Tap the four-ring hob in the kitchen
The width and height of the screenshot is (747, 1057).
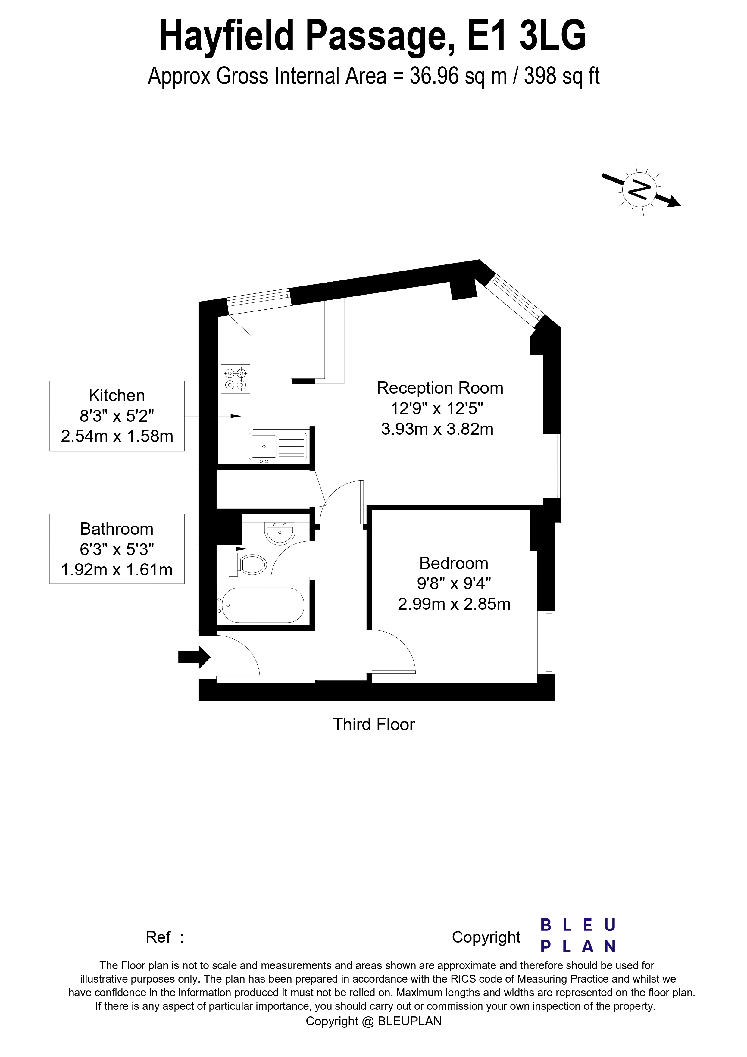235,379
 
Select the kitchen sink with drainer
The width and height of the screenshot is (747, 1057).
277,446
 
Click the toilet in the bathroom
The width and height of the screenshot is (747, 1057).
248,564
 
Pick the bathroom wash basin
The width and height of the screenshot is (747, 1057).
280,533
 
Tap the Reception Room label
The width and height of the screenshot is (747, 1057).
439,388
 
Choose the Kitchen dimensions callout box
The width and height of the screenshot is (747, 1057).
117,416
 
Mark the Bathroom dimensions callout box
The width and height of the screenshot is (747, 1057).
117,549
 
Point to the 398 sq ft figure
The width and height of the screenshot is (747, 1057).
561,76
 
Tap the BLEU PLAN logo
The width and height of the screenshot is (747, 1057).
578,936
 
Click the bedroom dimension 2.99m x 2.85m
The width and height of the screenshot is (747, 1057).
454,604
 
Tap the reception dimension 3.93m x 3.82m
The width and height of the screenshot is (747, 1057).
437,429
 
